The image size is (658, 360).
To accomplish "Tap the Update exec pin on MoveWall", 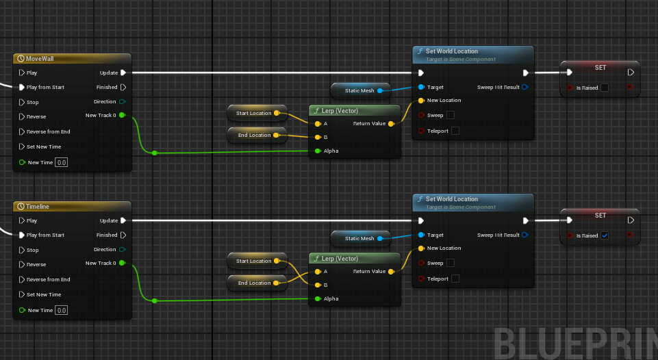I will pos(123,73).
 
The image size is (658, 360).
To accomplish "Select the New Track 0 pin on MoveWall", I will pos(122,115).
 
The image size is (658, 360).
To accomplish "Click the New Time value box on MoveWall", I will pos(62,162).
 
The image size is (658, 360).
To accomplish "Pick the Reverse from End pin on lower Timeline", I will pos(22,279).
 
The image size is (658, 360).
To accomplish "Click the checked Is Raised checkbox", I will pos(605,235).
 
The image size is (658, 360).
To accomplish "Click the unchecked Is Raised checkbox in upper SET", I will pos(605,88).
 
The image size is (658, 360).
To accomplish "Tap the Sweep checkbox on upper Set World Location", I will pos(450,115).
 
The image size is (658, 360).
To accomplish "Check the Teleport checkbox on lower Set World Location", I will pos(455,279).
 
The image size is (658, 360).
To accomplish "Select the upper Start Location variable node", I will pos(254,113).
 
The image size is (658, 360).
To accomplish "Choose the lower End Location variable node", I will pos(254,283).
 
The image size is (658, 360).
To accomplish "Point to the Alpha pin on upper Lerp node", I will pos(318,151).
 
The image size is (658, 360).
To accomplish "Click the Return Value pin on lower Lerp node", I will pos(390,272).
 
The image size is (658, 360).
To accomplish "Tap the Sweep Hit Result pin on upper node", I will pos(524,87).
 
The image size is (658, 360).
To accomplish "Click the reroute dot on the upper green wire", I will pos(154,153).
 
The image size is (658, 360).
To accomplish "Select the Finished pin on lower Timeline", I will pos(123,235).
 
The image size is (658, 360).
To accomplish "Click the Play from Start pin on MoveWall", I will pos(22,87).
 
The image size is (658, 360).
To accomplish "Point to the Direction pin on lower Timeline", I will pos(123,250).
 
